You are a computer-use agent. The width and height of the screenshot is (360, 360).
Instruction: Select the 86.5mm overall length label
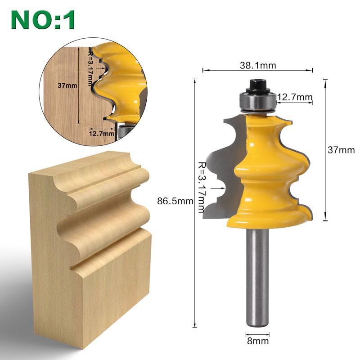(x=175, y=201)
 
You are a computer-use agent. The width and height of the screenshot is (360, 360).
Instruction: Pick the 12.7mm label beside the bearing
(x=295, y=97)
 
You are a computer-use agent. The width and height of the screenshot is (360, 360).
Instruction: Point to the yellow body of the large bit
(x=265, y=171)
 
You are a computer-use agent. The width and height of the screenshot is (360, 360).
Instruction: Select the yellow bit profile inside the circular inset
(x=121, y=81)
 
